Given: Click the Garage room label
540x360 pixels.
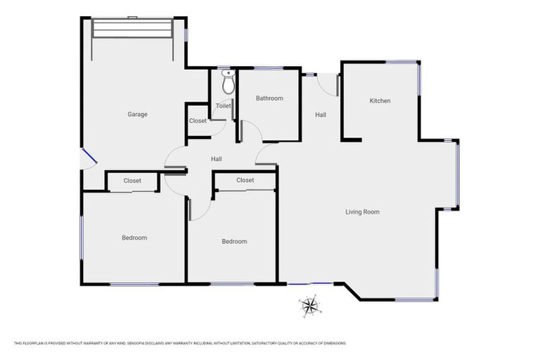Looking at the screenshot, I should pyautogui.click(x=137, y=115).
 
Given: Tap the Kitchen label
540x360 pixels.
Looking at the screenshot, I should pyautogui.click(x=380, y=101).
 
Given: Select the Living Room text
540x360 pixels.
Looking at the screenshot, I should pyautogui.click(x=362, y=212).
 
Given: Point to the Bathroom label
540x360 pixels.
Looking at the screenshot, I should pyautogui.click(x=269, y=98).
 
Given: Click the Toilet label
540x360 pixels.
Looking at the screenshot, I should pyautogui.click(x=223, y=106).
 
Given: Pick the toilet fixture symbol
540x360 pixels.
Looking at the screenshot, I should pyautogui.click(x=227, y=83).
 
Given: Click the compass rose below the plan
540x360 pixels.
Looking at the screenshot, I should pyautogui.click(x=309, y=305).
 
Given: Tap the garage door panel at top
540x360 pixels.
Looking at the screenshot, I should pyautogui.click(x=132, y=30).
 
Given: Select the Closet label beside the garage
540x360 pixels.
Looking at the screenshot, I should pyautogui.click(x=198, y=121).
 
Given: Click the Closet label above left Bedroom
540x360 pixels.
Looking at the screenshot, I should pyautogui.click(x=132, y=181).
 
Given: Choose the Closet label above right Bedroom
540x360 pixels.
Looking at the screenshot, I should pyautogui.click(x=245, y=180).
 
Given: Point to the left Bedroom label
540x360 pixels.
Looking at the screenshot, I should pyautogui.click(x=134, y=238).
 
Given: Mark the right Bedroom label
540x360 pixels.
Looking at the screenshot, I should pyautogui.click(x=234, y=242).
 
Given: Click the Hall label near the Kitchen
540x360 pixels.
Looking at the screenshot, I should pyautogui.click(x=321, y=115).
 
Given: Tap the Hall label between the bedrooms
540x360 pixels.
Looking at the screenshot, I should pyautogui.click(x=217, y=159).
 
